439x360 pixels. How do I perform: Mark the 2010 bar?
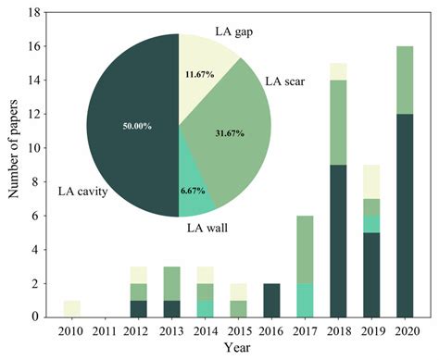[70, 308]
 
